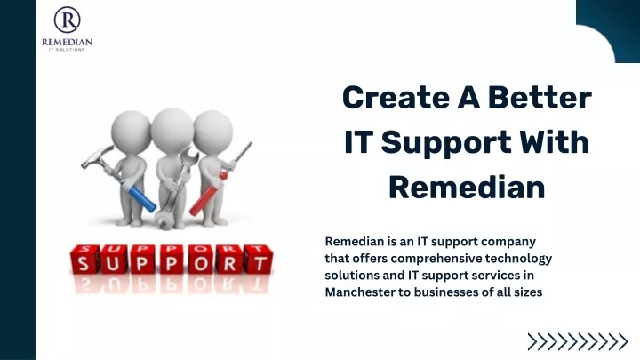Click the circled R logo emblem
coord(67,20)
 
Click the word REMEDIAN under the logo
coord(67,42)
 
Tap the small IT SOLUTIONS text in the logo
coord(67,50)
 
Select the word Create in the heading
coord(396,98)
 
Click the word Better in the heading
coord(540,98)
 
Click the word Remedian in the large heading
coord(467,187)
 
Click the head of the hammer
coord(96,156)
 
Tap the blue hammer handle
coord(139,196)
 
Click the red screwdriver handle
coord(208,195)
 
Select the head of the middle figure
coord(172,129)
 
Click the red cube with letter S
coord(84,260)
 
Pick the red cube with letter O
coord(200,260)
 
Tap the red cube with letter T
coord(259,260)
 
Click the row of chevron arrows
coord(578,342)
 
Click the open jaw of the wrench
coord(163,220)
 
